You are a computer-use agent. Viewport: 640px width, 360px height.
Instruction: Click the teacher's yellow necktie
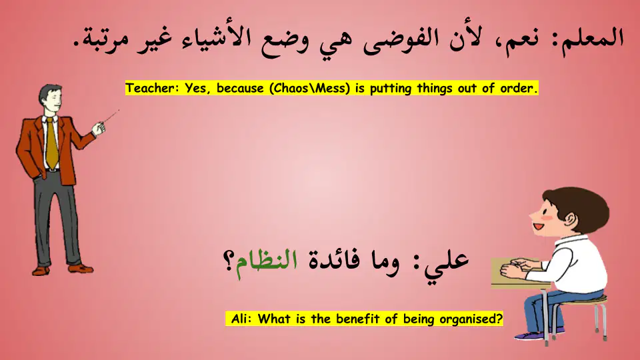51,143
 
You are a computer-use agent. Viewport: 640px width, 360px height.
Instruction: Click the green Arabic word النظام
267,263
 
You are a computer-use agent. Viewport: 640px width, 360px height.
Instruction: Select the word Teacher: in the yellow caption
152,88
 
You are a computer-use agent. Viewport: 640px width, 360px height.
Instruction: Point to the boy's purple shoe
530,336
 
